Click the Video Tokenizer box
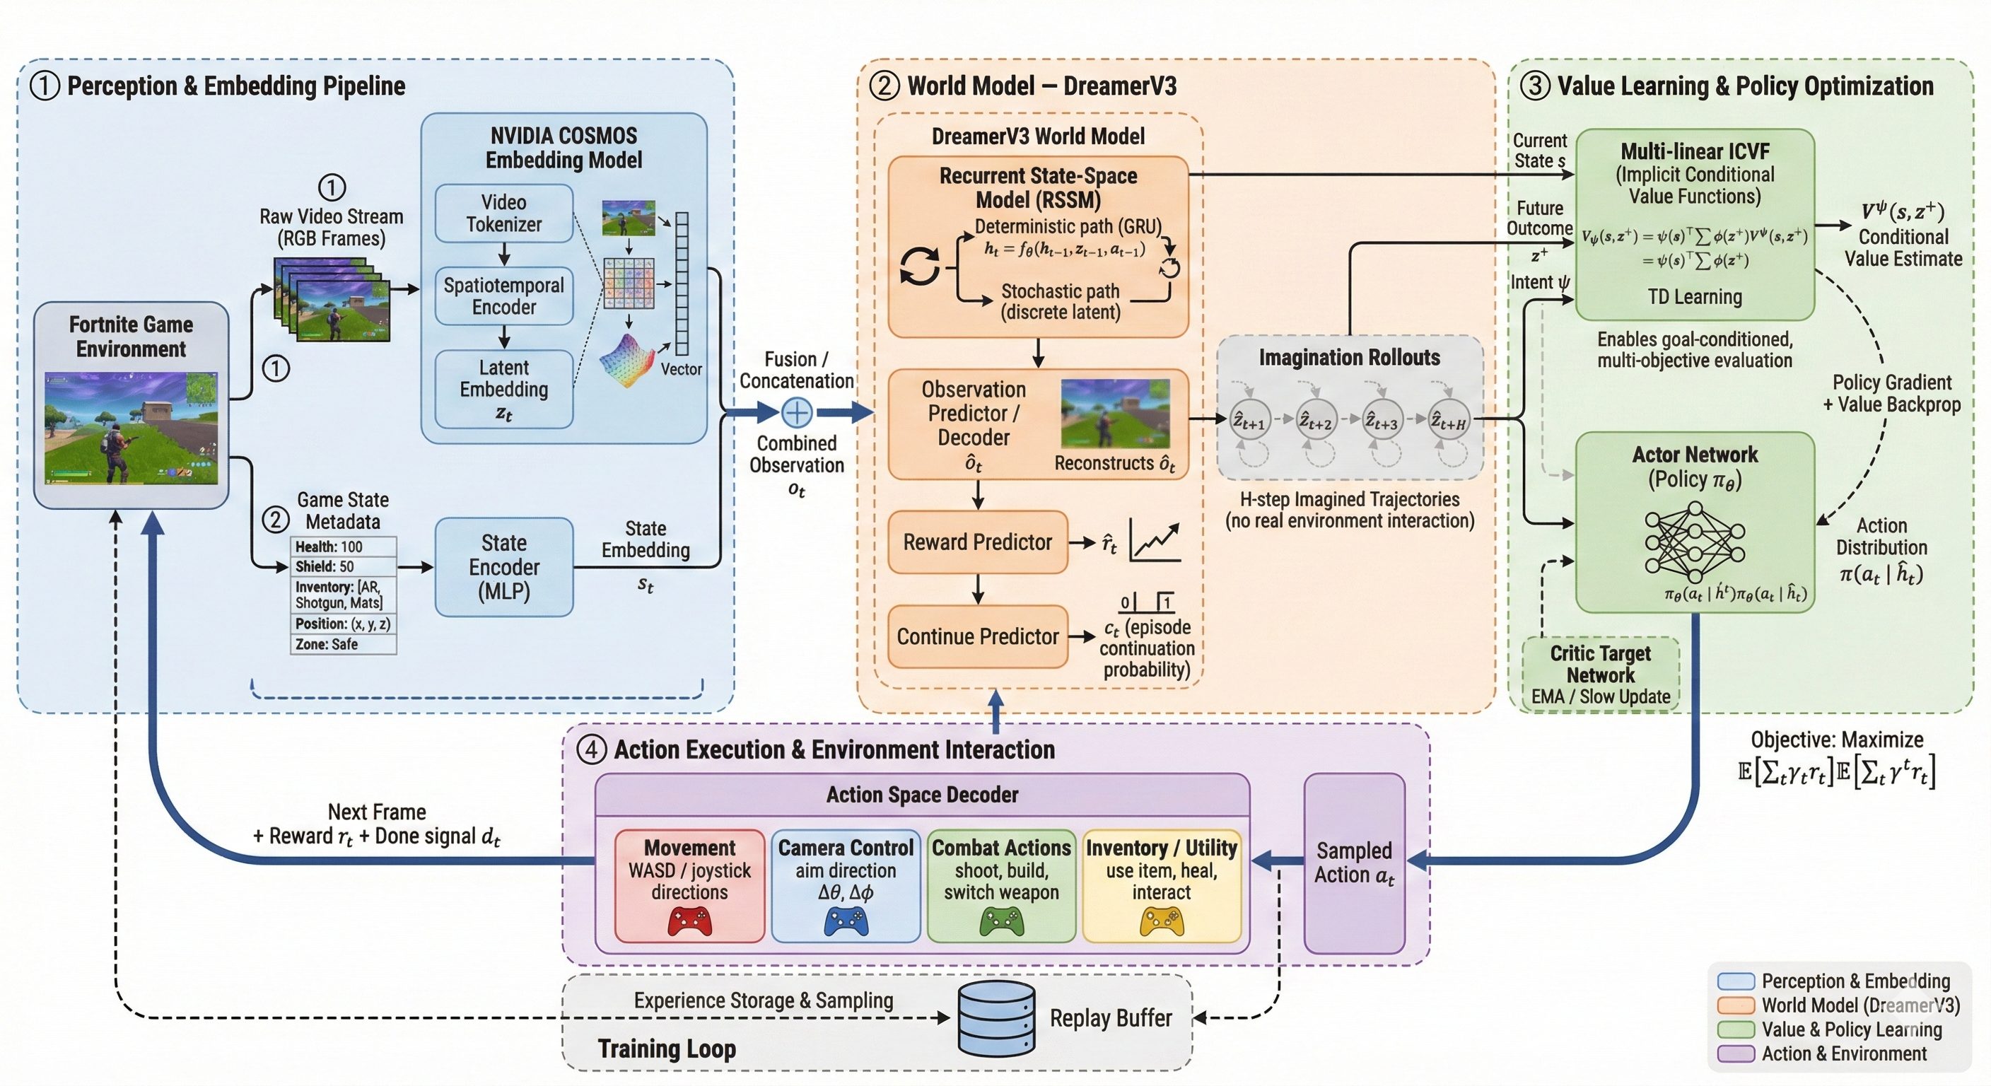[x=503, y=214]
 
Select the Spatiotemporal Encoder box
[x=503, y=296]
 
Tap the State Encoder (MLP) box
[x=504, y=566]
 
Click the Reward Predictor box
[x=977, y=542]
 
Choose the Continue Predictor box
[x=977, y=636]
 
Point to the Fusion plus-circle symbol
[x=797, y=412]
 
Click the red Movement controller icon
[x=689, y=921]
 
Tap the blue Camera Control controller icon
[x=846, y=921]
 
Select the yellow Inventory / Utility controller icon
[x=1161, y=921]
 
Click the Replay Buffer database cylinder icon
[x=996, y=1019]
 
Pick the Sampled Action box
[x=1354, y=863]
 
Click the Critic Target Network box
[x=1600, y=673]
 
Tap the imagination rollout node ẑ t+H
[x=1449, y=421]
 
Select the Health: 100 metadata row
[x=343, y=547]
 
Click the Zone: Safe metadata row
[x=343, y=644]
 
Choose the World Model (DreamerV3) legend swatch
[x=1735, y=1005]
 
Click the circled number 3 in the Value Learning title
[x=1535, y=86]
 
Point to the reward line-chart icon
[x=1155, y=540]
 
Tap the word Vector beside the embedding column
[x=681, y=370]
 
